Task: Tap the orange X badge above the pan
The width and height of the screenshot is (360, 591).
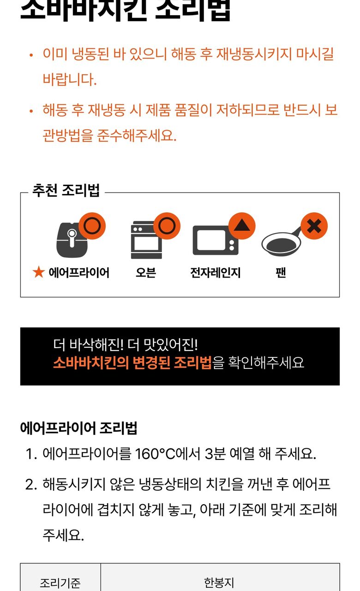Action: click(x=314, y=226)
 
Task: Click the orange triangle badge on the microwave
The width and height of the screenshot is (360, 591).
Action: click(x=242, y=226)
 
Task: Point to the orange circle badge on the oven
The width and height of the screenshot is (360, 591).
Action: click(x=167, y=226)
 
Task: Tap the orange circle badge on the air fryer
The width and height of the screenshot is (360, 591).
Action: click(x=92, y=226)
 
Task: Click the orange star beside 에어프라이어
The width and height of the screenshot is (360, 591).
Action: click(x=38, y=272)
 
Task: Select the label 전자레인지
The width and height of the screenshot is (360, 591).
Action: click(x=216, y=272)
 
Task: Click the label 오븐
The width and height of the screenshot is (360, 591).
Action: click(x=145, y=272)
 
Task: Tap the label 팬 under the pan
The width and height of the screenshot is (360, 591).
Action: click(x=281, y=272)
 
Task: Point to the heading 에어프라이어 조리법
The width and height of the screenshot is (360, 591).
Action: click(x=78, y=428)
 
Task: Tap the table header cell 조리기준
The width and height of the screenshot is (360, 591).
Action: click(x=60, y=583)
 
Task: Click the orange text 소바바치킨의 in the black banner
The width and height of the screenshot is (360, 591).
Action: click(x=90, y=363)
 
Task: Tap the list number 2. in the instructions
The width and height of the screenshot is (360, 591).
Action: click(x=31, y=484)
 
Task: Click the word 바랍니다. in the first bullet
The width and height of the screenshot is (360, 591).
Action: click(x=70, y=79)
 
